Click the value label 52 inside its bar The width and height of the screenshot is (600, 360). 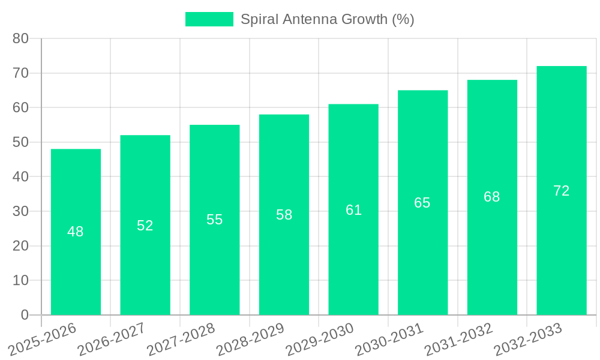click(145, 226)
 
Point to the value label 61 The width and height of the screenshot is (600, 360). click(353, 210)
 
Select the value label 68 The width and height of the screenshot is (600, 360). click(492, 197)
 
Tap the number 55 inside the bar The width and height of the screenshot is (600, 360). click(215, 220)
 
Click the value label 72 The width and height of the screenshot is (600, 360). click(561, 191)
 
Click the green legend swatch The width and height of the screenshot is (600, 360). click(209, 19)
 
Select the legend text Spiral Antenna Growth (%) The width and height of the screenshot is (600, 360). click(327, 19)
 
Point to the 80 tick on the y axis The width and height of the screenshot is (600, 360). click(21, 38)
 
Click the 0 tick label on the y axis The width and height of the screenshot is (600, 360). click(25, 315)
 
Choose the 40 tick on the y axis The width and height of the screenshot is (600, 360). click(21, 177)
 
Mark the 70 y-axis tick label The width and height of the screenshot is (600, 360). click(21, 73)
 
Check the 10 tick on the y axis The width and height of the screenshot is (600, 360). click(21, 280)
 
